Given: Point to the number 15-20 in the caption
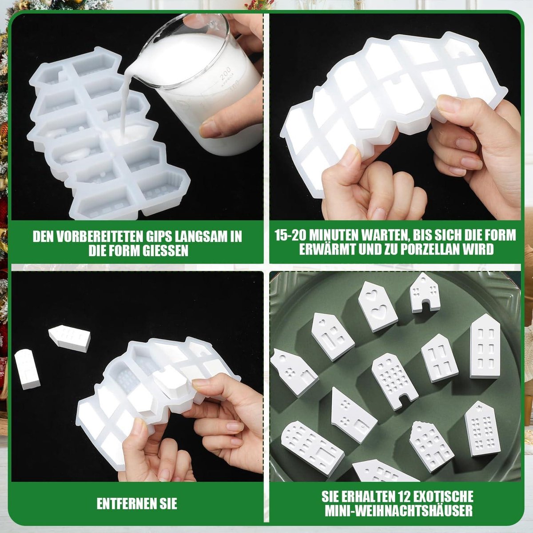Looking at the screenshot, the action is coord(290,235).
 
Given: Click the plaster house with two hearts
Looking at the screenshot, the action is coord(377,306).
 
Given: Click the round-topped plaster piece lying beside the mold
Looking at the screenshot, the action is coord(27,369).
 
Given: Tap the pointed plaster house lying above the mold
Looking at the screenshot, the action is coord(69,338).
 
